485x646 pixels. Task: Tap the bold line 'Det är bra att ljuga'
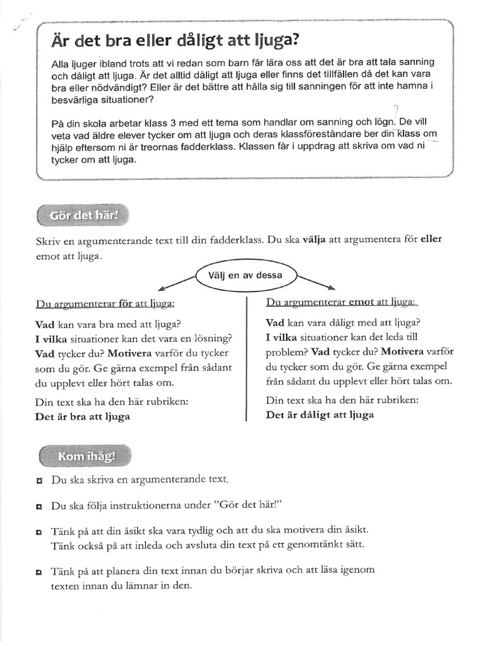point(83,416)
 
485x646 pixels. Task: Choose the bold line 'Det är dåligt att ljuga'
point(320,414)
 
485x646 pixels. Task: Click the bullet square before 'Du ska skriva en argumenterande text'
point(39,481)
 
